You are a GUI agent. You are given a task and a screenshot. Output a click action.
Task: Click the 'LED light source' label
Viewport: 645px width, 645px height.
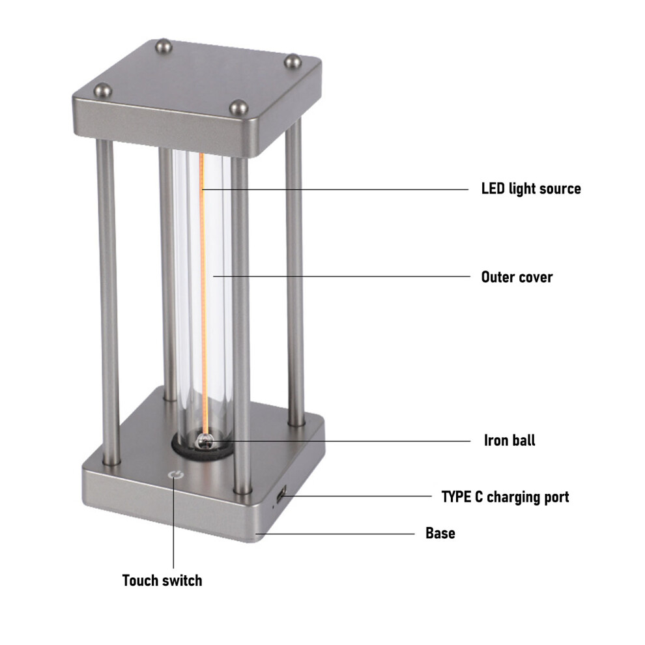tap(530, 189)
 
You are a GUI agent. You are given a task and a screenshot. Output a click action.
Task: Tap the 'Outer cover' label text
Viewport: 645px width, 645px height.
tap(517, 277)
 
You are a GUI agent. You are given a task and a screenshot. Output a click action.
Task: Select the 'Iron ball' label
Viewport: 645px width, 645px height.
tap(509, 440)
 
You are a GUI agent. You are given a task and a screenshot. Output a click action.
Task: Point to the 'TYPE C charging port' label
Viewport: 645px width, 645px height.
tap(505, 497)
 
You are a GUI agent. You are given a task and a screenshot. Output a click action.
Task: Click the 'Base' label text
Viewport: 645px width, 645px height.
tap(440, 533)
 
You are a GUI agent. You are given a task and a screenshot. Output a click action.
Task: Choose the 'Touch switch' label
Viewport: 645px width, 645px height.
tap(162, 580)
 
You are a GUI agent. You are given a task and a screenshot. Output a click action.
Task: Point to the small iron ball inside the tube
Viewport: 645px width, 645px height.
tap(204, 440)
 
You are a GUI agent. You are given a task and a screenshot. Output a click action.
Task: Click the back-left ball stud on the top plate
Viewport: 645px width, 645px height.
tap(164, 46)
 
